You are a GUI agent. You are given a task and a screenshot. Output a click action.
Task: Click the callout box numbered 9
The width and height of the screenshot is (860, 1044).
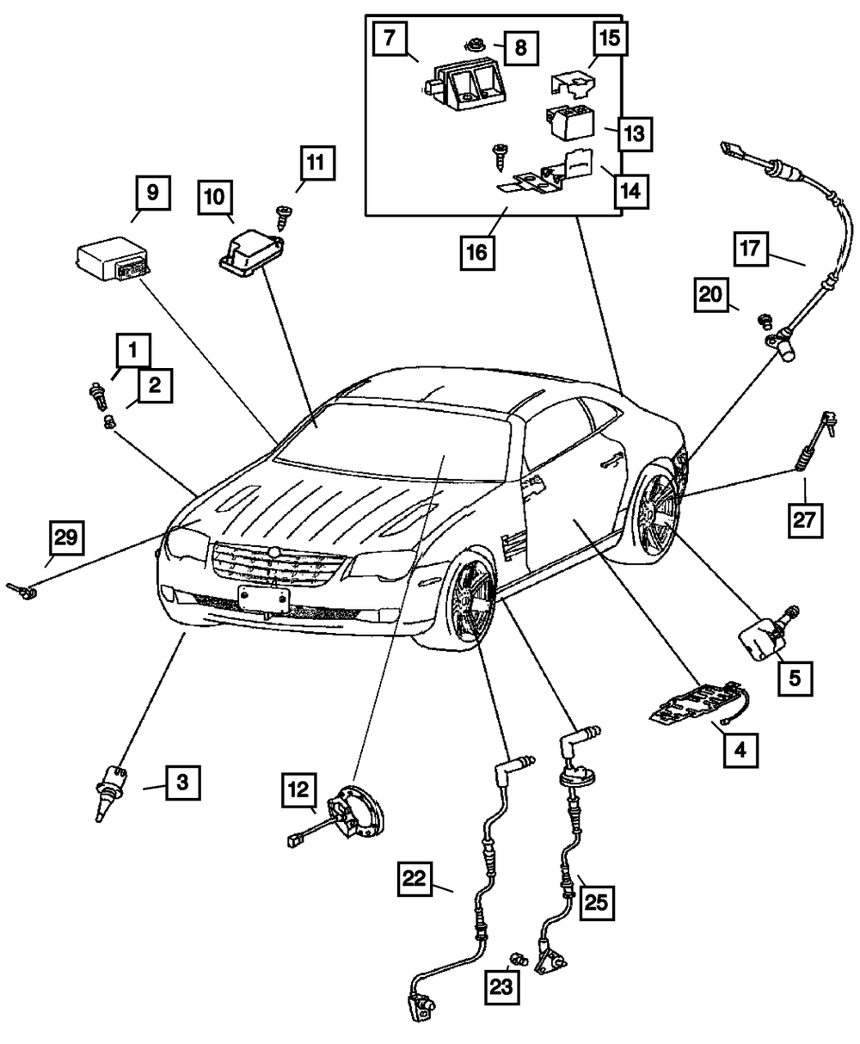click(x=153, y=193)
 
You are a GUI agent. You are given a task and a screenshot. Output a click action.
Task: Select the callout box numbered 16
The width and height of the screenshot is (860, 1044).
click(x=477, y=253)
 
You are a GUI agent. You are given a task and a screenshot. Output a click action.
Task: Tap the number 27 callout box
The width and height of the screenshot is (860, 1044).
click(x=805, y=520)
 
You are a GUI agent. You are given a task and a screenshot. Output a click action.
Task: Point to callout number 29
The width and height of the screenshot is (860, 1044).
click(x=66, y=537)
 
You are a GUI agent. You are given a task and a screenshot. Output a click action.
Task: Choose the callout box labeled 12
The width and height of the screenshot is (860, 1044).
click(x=299, y=790)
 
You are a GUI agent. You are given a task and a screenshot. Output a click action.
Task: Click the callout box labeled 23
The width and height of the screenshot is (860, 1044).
click(x=501, y=987)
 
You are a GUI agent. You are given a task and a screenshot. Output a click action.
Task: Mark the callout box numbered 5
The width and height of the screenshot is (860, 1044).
click(x=795, y=679)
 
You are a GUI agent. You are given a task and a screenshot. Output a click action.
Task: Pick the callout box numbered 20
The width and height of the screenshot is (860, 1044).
click(x=711, y=295)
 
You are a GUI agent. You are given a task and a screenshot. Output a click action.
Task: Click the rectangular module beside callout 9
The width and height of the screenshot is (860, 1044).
click(x=113, y=259)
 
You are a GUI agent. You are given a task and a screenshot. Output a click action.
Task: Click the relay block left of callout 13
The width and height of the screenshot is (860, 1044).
click(x=570, y=122)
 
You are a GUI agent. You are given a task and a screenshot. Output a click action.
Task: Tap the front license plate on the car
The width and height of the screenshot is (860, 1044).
click(x=263, y=599)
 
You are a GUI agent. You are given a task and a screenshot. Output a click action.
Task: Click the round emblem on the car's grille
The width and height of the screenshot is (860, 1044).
click(x=273, y=552)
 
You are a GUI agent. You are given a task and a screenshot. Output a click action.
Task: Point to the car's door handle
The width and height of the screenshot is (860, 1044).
click(x=613, y=460)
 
